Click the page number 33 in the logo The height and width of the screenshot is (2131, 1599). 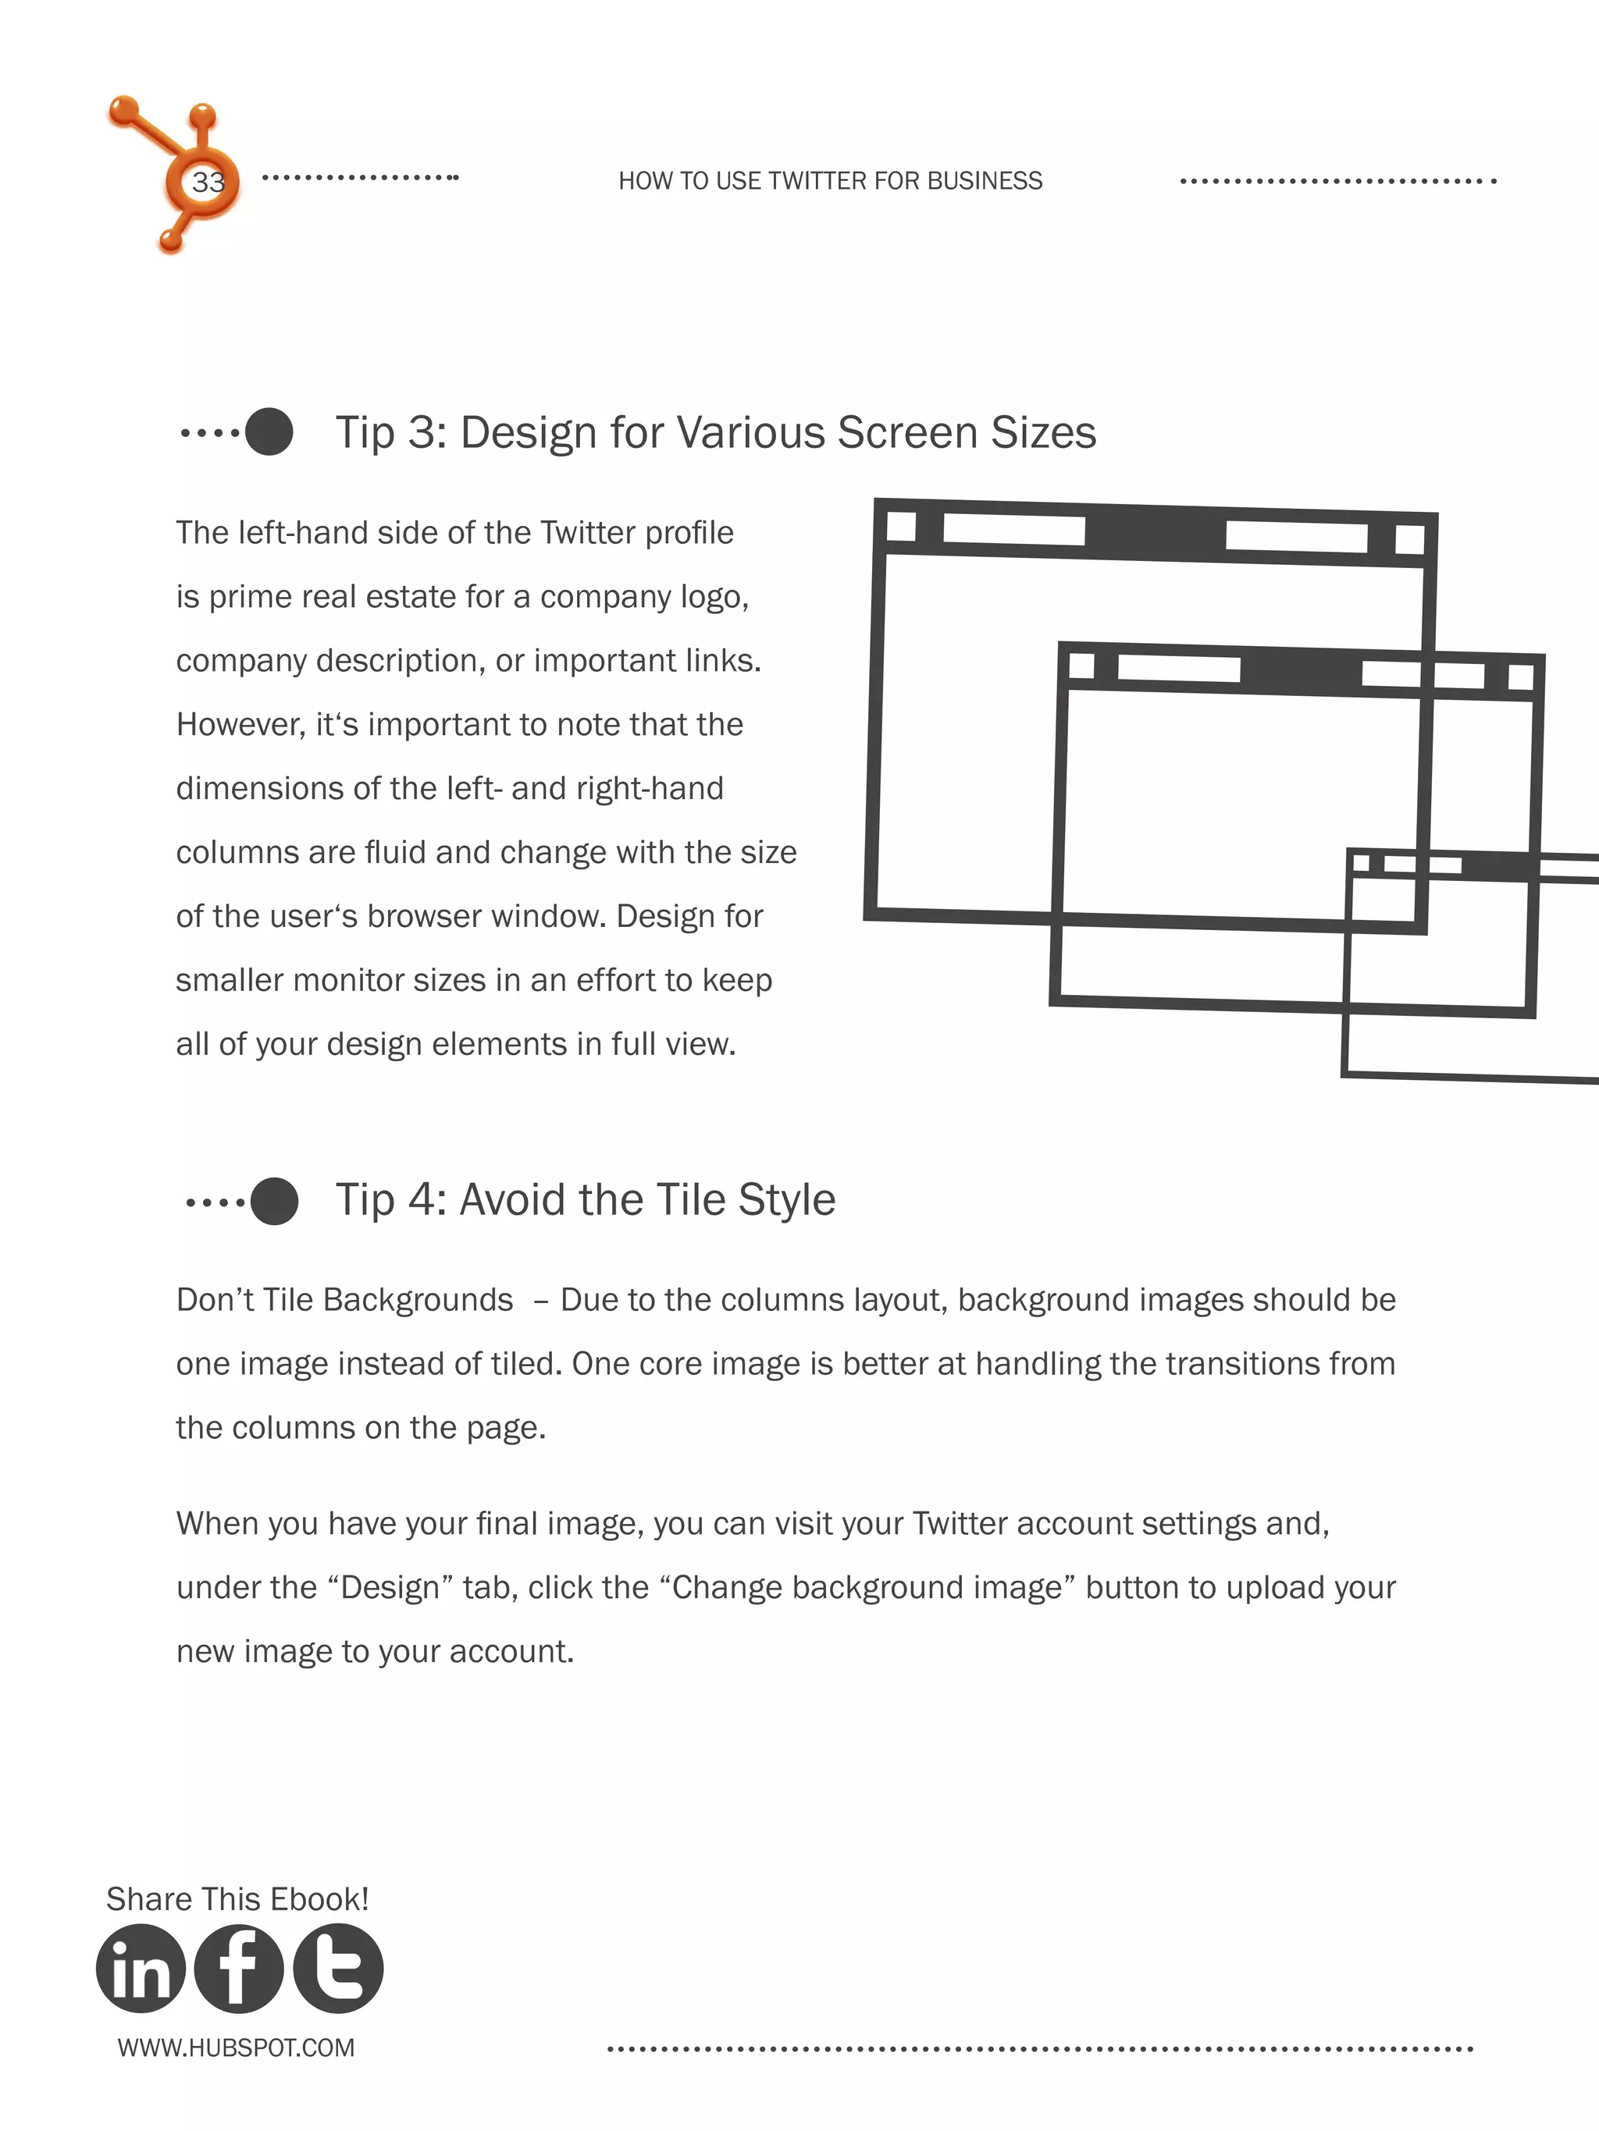point(207,182)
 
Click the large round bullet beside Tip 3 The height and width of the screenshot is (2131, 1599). point(269,432)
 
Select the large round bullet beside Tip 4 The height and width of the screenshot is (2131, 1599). point(274,1202)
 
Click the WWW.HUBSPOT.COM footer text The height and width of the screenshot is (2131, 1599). point(236,2048)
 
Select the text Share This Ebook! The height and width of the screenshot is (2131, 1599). point(237,1898)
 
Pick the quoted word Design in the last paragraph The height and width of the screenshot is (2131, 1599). point(390,1588)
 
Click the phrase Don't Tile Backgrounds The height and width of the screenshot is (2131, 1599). point(344,1301)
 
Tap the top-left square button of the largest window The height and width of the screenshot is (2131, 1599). point(900,527)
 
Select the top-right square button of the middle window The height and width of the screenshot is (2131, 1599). point(1520,677)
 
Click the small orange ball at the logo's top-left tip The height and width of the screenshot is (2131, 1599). point(123,111)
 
